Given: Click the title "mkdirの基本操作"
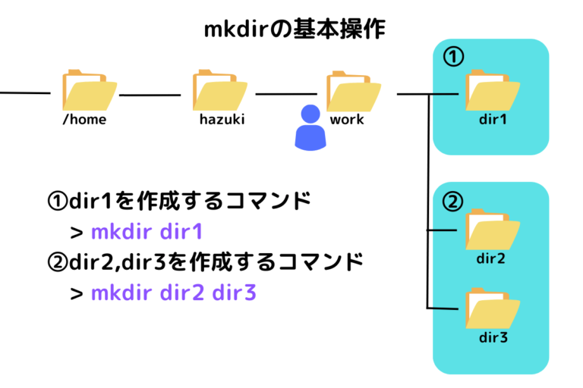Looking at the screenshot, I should [x=295, y=30].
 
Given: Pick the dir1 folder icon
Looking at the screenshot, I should [x=493, y=90].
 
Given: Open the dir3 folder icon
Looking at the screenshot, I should [x=493, y=307].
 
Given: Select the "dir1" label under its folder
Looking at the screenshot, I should [x=492, y=119].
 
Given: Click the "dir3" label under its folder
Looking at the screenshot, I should [x=492, y=336].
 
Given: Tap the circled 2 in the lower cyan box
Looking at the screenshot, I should [x=452, y=202].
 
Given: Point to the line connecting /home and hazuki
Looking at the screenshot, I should [x=150, y=95].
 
